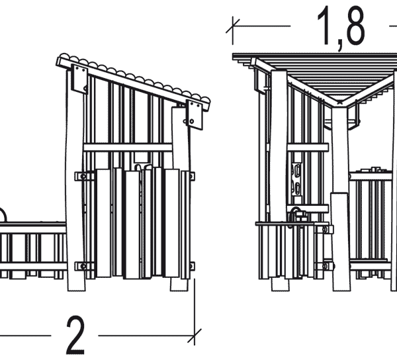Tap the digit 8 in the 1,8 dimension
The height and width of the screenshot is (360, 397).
coord(351,28)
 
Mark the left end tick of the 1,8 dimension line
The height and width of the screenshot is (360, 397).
coord(233,26)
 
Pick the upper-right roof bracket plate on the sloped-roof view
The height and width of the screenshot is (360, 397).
coord(195,114)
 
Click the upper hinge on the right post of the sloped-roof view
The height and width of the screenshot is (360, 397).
coord(192,176)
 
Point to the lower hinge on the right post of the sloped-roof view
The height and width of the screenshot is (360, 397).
coord(192,266)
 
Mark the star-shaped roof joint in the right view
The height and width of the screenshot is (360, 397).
coord(341,103)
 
